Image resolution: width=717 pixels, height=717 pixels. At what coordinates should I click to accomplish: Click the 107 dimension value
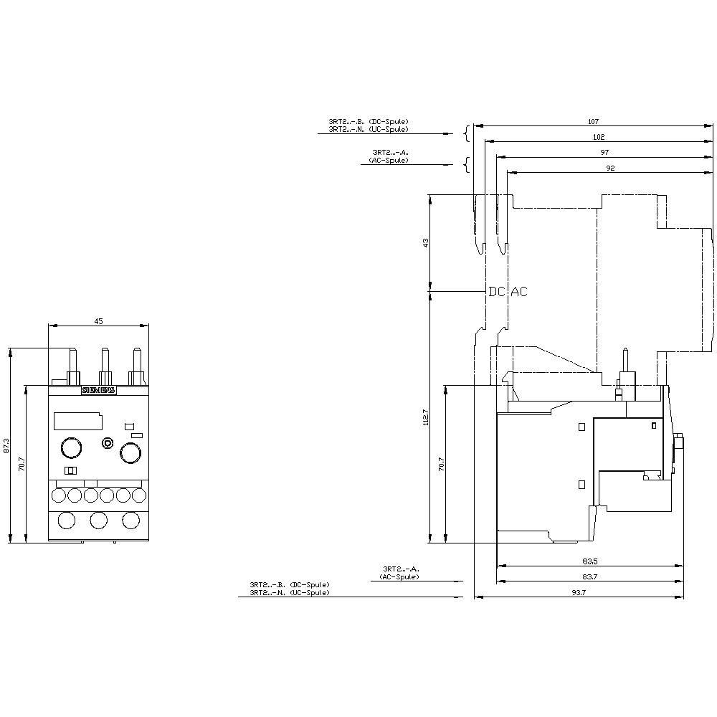click(593, 121)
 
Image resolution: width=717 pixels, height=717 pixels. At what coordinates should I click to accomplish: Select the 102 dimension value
click(599, 137)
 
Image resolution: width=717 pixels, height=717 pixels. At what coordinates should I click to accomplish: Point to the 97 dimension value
click(604, 153)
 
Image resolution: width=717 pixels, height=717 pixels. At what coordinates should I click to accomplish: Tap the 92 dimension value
click(610, 168)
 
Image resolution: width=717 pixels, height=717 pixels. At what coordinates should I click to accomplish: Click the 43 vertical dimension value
click(425, 242)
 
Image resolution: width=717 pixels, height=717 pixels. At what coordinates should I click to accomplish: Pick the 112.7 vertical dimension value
click(425, 417)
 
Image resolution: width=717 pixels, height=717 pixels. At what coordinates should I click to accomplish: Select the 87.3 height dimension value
click(7, 445)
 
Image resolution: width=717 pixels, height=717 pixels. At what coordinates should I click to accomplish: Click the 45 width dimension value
click(98, 321)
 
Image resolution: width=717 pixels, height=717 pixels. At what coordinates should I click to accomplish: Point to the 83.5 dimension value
click(590, 562)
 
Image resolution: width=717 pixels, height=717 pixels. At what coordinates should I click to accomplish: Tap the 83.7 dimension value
click(590, 577)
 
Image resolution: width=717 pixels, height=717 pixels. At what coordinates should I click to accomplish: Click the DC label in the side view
click(496, 292)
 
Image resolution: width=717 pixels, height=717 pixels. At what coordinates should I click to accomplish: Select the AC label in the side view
click(518, 292)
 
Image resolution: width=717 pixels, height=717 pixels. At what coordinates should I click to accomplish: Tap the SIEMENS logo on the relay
click(98, 391)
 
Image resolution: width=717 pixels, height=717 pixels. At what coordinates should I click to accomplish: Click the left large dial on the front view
click(70, 448)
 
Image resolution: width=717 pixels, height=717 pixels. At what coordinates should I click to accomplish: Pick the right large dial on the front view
click(130, 452)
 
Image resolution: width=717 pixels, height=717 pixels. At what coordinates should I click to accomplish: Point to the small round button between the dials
click(108, 444)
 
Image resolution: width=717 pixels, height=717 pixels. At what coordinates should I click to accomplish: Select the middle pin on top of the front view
click(105, 366)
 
